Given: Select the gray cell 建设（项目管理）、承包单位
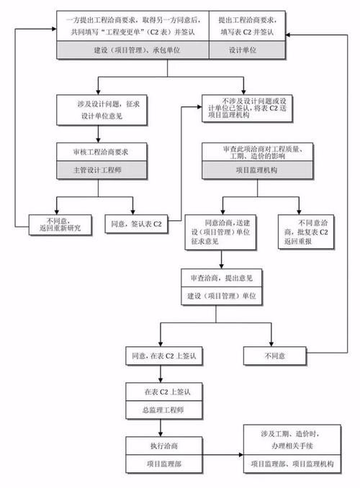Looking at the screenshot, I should [132, 49].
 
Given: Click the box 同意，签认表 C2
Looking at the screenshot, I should [137, 224].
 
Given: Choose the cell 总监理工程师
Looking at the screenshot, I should [164, 410].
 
